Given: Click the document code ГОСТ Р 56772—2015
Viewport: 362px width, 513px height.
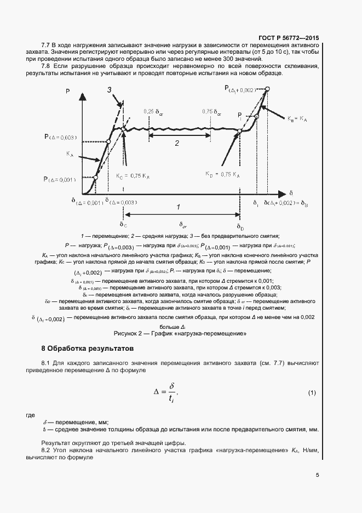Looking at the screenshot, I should click(x=289, y=37).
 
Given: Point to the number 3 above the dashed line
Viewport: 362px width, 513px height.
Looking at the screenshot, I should click(x=110, y=90).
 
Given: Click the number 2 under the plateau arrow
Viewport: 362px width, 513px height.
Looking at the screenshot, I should click(x=177, y=144).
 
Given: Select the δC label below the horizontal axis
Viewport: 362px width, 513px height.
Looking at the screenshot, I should click(x=123, y=224).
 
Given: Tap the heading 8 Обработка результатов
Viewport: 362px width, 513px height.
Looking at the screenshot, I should click(x=87, y=349).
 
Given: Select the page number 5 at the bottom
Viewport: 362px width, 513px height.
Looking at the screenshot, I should click(x=317, y=475).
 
